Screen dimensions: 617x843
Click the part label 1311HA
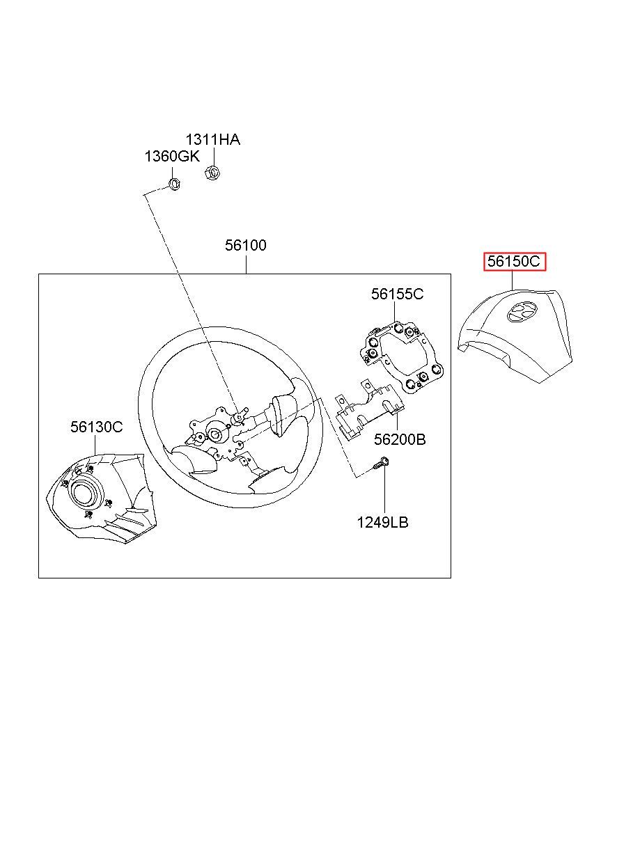click(x=212, y=140)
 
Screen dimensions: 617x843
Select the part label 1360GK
click(x=172, y=156)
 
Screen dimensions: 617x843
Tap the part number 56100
click(x=245, y=245)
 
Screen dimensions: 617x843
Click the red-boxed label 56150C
click(x=514, y=261)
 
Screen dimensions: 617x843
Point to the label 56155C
click(x=397, y=294)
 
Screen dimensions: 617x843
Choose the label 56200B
click(x=400, y=439)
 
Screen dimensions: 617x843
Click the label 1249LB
click(x=382, y=522)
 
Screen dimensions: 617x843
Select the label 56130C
click(x=96, y=427)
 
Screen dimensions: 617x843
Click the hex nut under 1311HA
click(x=212, y=173)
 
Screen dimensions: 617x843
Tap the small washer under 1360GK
click(x=174, y=184)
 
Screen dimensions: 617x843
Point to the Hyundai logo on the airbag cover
click(x=522, y=313)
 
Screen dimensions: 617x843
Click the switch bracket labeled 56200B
click(x=370, y=410)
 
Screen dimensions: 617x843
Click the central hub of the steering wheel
click(x=216, y=434)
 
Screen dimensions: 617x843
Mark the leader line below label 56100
click(x=246, y=265)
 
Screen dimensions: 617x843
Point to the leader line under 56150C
click(x=513, y=281)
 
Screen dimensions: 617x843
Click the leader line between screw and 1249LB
click(x=384, y=491)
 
